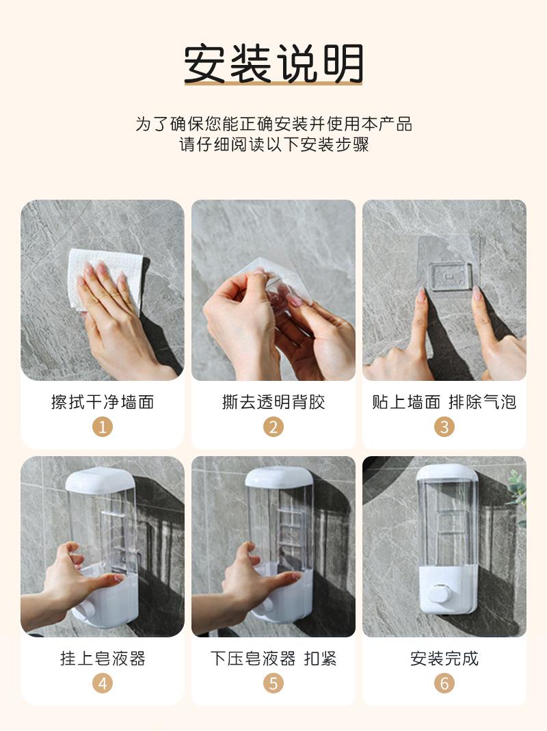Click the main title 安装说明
coord(273,64)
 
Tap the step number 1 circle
coord(103,427)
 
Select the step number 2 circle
coord(273,427)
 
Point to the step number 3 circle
coord(444,427)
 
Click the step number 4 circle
coord(103,683)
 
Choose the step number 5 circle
coord(273,683)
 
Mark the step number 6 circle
coord(444,683)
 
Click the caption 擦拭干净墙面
coord(103,402)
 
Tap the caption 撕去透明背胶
coord(273,402)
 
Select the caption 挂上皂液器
coord(103,659)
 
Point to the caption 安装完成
coord(444,659)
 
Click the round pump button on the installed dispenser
coord(439,594)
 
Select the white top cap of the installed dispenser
coord(446,473)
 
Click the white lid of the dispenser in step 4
coord(101,480)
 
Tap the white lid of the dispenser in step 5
coord(279,477)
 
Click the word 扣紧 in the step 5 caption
coord(320,659)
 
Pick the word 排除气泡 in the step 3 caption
coord(482,402)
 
